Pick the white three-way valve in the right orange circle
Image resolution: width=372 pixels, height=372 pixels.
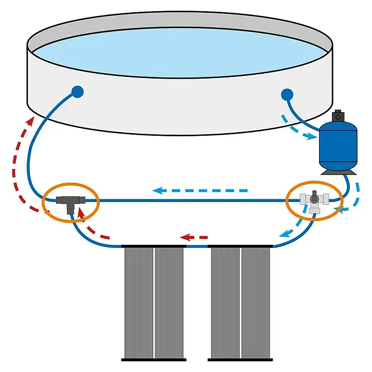point(313,202)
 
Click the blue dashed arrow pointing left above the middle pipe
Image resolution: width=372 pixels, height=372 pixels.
point(200,190)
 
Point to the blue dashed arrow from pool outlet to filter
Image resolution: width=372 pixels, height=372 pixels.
point(300,128)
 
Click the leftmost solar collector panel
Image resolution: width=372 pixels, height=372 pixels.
point(138,302)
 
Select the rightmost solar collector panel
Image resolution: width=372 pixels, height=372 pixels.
point(255,302)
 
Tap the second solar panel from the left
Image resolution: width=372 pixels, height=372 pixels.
point(169,302)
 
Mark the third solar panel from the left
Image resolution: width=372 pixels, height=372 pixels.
point(225,302)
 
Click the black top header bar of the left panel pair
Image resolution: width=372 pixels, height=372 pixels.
point(153,246)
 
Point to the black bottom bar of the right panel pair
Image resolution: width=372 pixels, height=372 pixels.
point(240,358)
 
